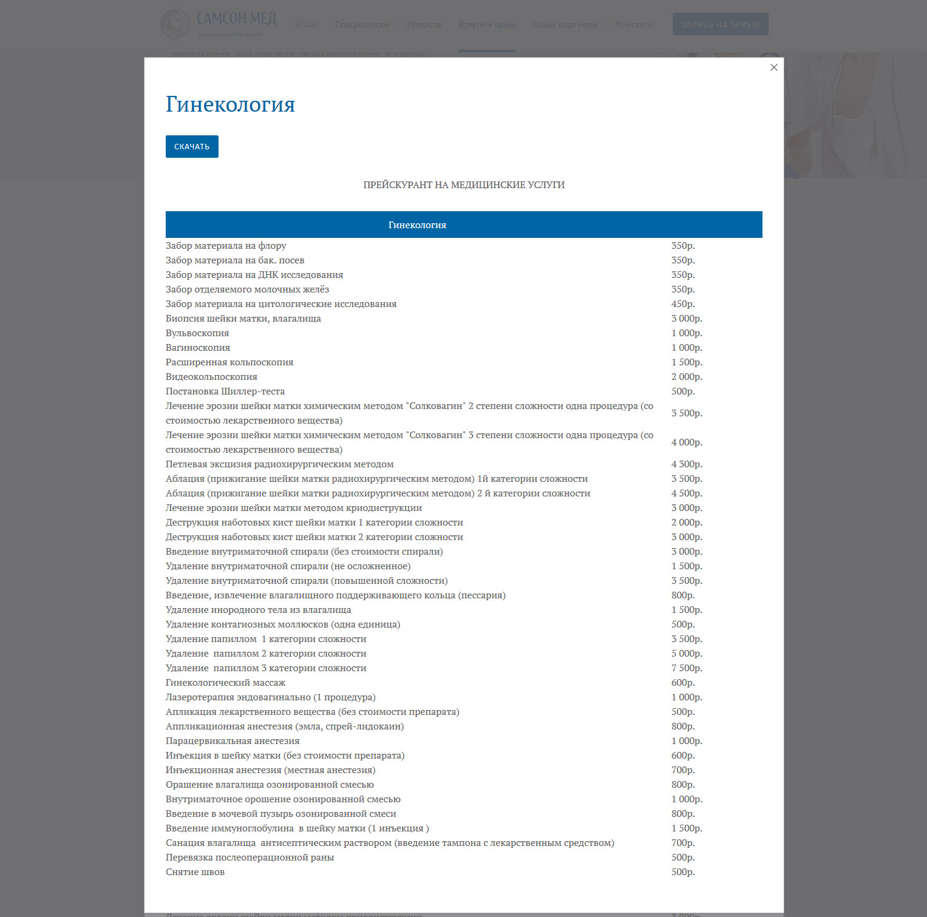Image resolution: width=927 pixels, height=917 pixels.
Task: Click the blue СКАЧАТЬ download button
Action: [x=192, y=146]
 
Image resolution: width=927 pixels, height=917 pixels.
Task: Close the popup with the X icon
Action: [x=773, y=67]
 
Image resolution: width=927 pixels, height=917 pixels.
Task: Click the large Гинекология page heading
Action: [x=230, y=104]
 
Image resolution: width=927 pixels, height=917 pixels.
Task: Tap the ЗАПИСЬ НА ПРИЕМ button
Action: [x=720, y=24]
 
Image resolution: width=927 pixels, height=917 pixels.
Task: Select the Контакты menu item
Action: [x=634, y=24]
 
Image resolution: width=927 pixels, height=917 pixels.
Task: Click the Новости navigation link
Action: [x=424, y=24]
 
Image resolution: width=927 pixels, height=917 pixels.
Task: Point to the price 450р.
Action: [x=683, y=304]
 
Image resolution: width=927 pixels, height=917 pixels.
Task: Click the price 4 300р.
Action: [x=687, y=464]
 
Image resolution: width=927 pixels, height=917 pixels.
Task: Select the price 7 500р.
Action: [x=687, y=668]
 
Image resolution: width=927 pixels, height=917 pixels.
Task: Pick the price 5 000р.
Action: [x=687, y=654]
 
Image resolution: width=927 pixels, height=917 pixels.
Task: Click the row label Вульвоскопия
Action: [x=197, y=333]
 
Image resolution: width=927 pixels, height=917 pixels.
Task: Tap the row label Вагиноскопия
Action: [x=198, y=348]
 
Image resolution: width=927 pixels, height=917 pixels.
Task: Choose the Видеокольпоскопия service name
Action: [x=211, y=377]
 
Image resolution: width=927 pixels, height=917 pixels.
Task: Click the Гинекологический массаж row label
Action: [x=225, y=683]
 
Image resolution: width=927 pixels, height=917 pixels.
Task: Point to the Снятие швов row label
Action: [x=195, y=872]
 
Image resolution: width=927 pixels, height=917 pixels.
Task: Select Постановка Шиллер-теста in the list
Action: [x=225, y=391]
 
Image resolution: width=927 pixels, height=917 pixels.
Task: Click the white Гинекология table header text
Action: [x=417, y=225]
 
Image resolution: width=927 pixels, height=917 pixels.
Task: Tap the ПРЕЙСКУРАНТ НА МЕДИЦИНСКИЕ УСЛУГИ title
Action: [x=464, y=185]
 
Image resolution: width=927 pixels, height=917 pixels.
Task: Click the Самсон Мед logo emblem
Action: [x=175, y=24]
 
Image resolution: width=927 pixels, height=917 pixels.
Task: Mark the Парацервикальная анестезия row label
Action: [x=233, y=741]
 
